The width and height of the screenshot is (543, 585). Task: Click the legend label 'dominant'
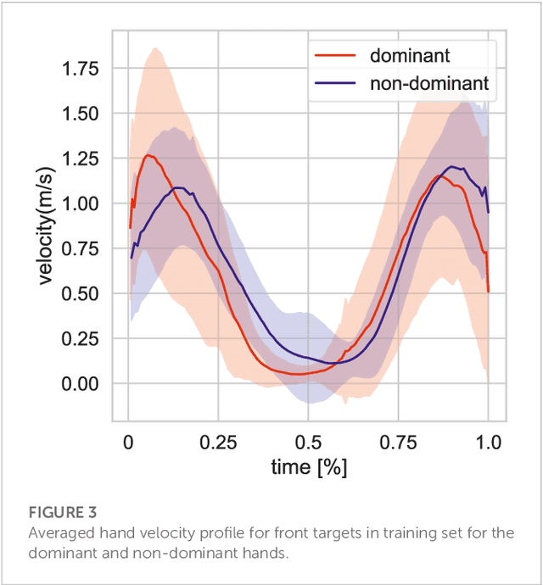coord(410,56)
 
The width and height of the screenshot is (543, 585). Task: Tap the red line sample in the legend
coord(333,56)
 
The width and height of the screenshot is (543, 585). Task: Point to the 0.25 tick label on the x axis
coord(218,442)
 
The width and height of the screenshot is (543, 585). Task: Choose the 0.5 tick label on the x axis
coord(309,442)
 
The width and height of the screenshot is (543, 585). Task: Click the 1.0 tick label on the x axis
coord(489,442)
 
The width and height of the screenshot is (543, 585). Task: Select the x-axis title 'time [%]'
coord(309,467)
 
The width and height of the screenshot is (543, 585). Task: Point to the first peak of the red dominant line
coord(148,155)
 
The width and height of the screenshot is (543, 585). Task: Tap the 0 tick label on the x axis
coord(128,442)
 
